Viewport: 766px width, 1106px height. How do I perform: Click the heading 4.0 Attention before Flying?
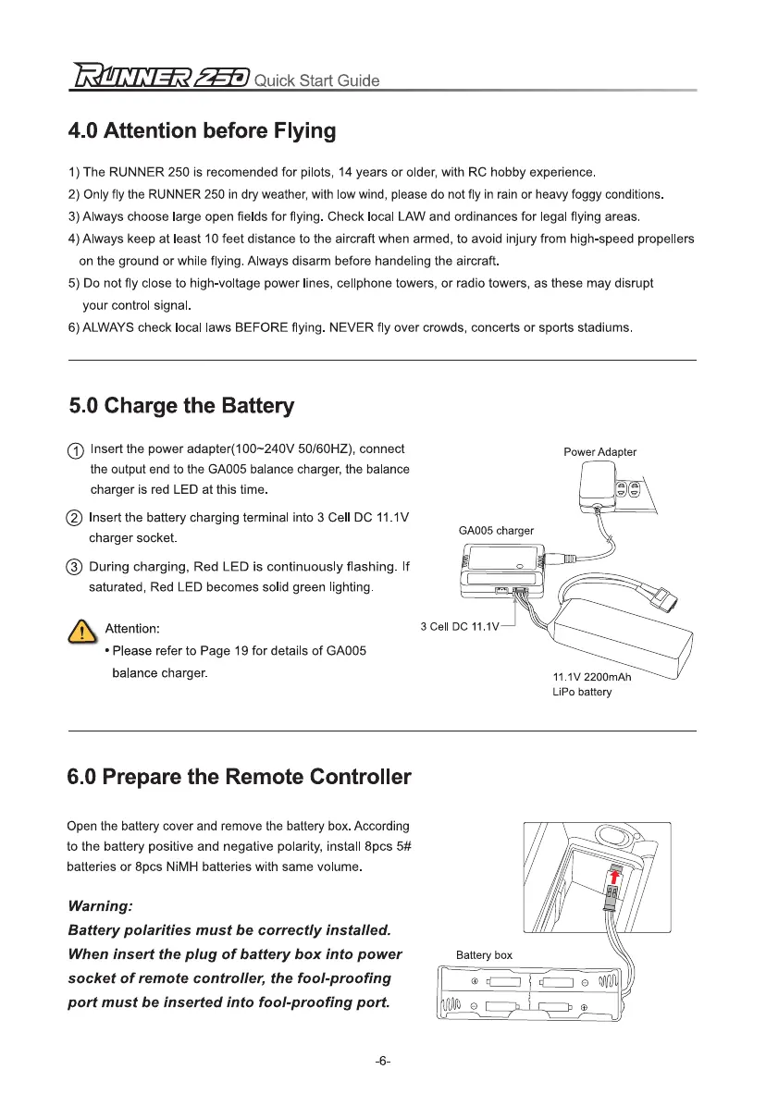point(202,130)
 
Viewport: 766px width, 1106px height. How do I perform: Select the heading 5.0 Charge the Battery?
point(181,406)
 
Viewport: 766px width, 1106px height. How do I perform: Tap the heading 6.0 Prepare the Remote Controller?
point(240,777)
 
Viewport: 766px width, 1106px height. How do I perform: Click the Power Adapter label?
point(599,452)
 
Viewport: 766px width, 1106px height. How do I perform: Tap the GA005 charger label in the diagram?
point(496,531)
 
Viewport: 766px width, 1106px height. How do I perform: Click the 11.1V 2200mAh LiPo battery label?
point(591,684)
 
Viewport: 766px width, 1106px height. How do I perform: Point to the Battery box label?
point(484,954)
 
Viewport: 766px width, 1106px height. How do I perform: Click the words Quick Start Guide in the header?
point(315,80)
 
